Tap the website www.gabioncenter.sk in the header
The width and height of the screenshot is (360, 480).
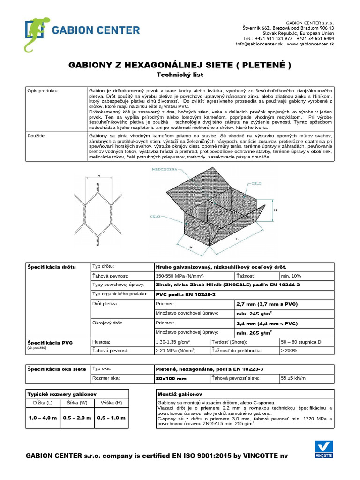tap(310, 44)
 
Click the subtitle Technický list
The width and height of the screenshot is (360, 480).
tap(180, 75)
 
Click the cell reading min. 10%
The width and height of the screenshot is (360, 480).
tap(291, 276)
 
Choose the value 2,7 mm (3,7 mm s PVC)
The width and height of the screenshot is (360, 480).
tap(267, 304)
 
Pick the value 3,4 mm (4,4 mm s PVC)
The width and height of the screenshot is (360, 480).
tap(267, 323)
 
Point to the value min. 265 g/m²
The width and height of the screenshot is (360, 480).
tap(255, 333)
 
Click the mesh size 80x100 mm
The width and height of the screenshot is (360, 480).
tap(172, 378)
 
